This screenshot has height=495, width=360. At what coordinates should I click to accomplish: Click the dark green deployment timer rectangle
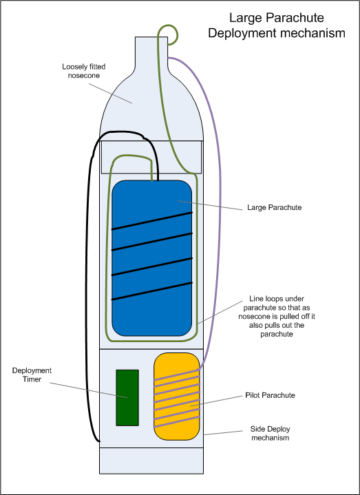pos(127,398)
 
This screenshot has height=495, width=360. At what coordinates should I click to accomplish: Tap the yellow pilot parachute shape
pos(177,397)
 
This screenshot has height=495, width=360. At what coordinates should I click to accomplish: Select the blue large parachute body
pos(151,258)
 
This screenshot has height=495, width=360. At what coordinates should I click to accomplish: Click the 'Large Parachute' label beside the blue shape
pos(274,207)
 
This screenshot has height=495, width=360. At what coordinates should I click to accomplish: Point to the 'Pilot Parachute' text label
pos(270,395)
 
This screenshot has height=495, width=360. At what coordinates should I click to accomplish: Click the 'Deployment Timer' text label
pos(32,375)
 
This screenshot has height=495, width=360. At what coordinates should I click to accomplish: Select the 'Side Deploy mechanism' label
pos(270,434)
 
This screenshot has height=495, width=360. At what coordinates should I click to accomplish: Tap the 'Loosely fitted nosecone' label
pos(83,71)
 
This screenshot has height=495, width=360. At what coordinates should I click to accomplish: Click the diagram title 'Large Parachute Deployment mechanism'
pos(277,25)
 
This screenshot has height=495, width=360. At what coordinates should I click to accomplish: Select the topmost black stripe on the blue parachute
pos(152,221)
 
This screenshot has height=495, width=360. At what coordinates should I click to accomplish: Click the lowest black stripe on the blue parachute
pos(152,291)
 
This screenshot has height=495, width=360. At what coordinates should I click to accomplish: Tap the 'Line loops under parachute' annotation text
pos(277,316)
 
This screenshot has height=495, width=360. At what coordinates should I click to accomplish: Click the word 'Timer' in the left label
pos(32,379)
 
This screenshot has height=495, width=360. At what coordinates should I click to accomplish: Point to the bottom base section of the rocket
pos(151,461)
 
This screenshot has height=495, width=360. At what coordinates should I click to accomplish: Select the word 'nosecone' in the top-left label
pos(84,76)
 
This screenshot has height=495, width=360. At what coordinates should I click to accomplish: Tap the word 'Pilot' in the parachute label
pos(253,395)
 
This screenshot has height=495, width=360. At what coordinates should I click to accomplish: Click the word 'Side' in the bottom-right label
pos(257,429)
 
